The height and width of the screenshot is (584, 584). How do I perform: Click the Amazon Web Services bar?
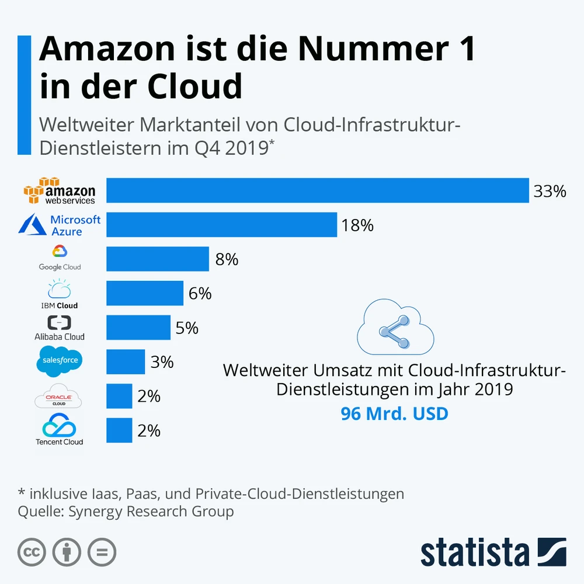[317, 190]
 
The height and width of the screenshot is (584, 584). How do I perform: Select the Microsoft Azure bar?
[221, 225]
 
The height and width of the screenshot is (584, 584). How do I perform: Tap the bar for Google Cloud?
[157, 259]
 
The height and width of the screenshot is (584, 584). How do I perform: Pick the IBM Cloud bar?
[144, 293]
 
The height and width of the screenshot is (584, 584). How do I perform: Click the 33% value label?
[550, 191]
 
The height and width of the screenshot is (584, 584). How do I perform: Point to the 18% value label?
[357, 225]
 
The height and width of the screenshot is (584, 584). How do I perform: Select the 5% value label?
[187, 328]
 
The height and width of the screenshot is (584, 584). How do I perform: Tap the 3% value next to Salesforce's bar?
[162, 362]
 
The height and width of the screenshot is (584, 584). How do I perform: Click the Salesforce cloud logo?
[60, 360]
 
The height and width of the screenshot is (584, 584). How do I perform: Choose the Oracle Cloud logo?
[58, 397]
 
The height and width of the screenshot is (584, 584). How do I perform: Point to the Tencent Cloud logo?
[60, 430]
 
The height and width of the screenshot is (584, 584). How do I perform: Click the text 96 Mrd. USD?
[394, 413]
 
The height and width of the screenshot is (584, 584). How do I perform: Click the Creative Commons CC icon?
[32, 552]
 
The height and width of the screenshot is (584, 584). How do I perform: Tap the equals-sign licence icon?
[102, 552]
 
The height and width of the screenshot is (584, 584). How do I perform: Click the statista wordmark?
[474, 552]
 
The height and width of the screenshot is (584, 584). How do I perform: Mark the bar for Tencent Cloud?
[119, 430]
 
